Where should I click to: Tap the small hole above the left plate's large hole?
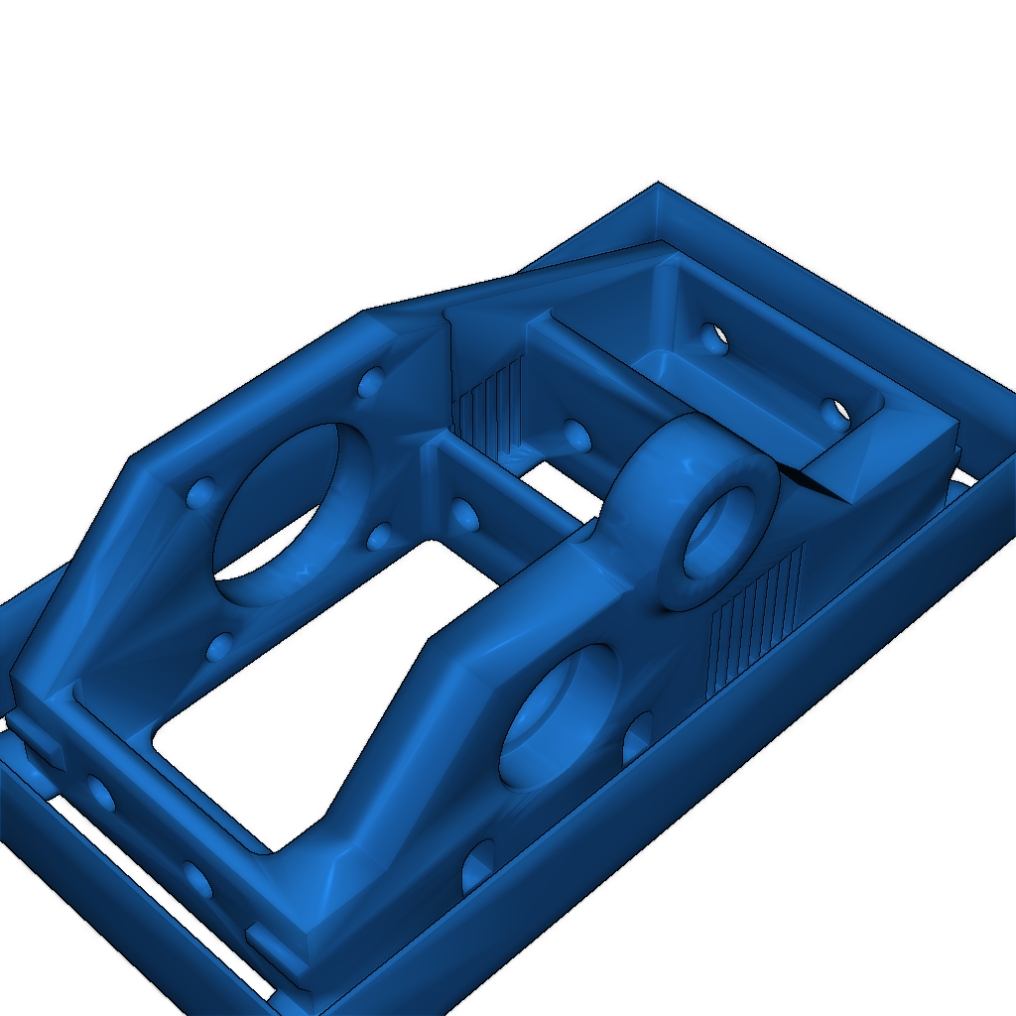370,382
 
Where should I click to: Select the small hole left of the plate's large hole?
200,492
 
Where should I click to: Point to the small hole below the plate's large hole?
218,648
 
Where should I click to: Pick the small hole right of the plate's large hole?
379,538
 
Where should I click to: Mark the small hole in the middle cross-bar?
463,513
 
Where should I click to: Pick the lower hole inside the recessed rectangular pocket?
836,411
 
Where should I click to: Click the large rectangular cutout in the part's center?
317,685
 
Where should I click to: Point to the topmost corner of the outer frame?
657,186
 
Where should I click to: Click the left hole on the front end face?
100,791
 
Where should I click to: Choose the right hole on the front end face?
196,879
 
